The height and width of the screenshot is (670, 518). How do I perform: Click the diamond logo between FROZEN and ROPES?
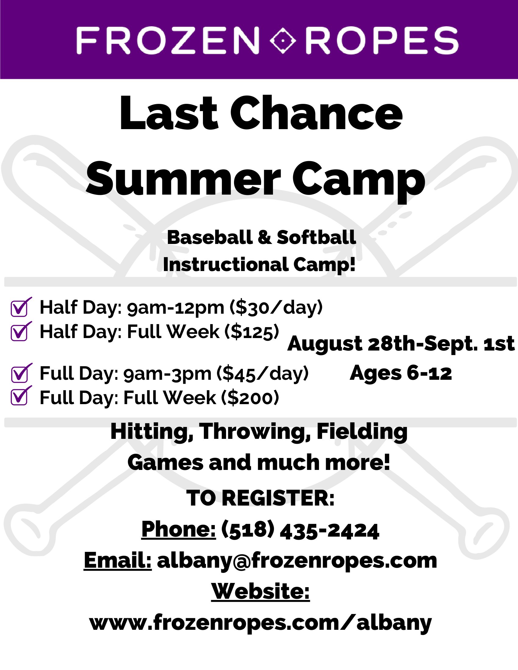pyautogui.click(x=283, y=41)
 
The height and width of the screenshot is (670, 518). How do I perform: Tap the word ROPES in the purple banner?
pyautogui.click(x=382, y=41)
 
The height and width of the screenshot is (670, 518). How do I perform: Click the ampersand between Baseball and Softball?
pyautogui.click(x=265, y=238)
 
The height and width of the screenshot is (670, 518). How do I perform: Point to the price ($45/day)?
pyautogui.click(x=263, y=373)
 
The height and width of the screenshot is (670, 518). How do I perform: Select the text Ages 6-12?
pyautogui.click(x=401, y=373)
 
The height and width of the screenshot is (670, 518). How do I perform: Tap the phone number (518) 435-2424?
pyautogui.click(x=300, y=531)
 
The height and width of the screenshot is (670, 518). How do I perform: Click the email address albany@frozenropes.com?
pyautogui.click(x=297, y=561)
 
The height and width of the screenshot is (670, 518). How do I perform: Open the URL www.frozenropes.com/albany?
pyautogui.click(x=261, y=623)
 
